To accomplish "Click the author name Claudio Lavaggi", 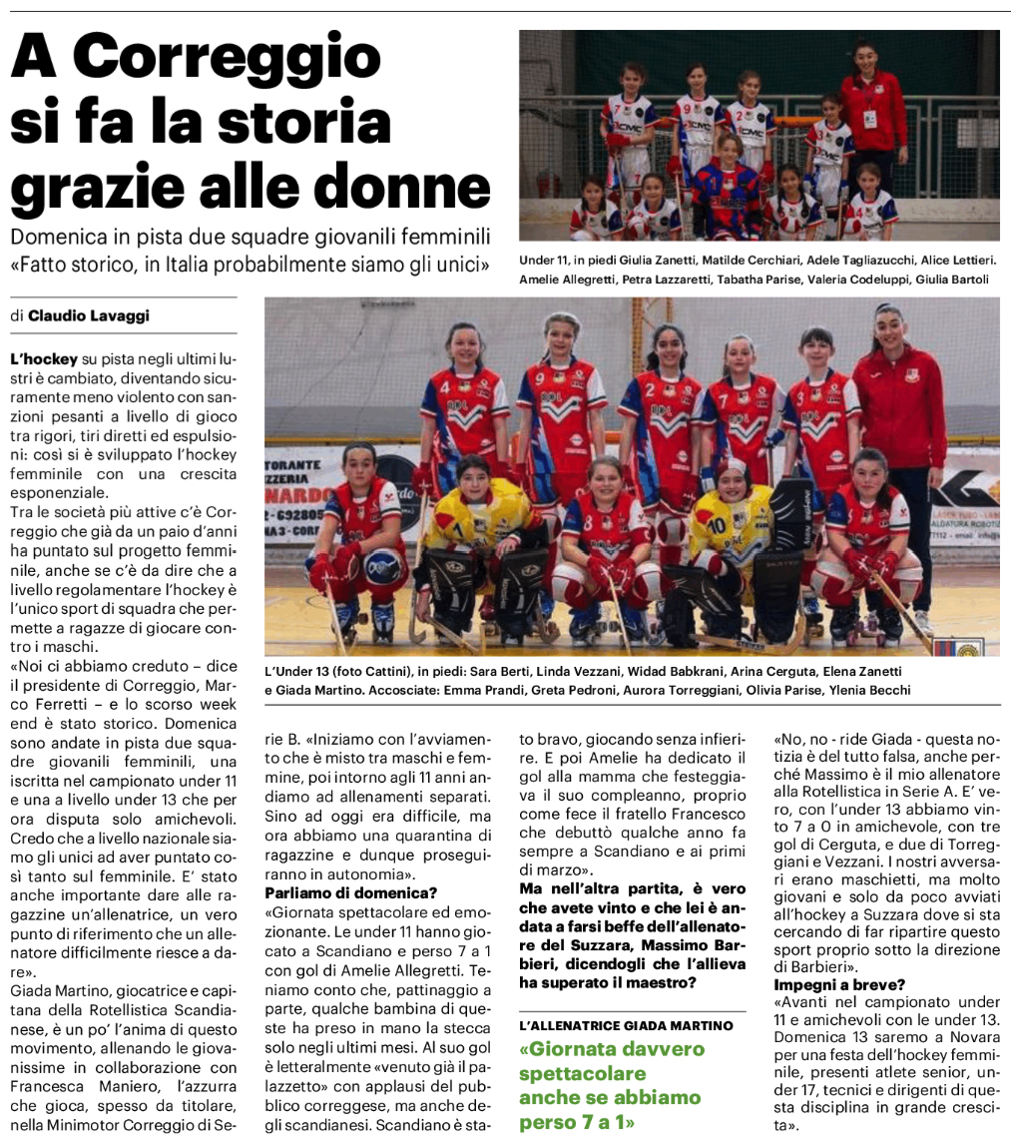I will click(x=90, y=316).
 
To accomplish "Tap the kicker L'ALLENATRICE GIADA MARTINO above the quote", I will click(x=626, y=1025).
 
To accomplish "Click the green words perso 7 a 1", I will click(x=578, y=1122).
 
